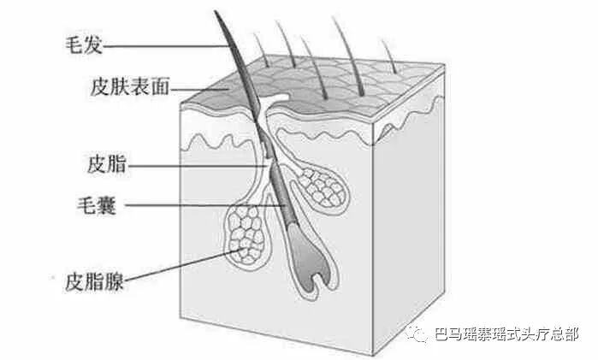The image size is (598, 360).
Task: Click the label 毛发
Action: (84, 41)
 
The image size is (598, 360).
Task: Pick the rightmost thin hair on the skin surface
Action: (388, 56)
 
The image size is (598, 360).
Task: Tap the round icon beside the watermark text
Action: (420, 334)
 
